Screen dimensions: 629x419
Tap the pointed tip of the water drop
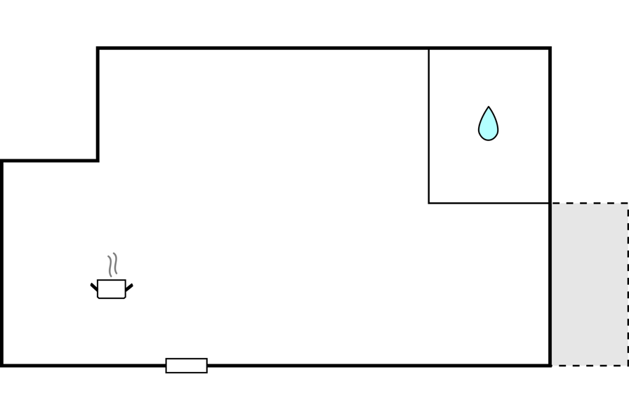488,107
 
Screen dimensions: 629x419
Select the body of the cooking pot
112,289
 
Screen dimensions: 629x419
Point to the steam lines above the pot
112,265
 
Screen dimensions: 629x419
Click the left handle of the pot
94,286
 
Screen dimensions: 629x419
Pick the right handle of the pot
129,286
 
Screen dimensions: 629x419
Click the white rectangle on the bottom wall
186,366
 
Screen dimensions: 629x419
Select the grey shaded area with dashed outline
588,284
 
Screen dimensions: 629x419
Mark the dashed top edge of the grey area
588,204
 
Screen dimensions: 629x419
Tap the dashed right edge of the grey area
628,284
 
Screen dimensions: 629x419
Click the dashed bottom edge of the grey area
588,365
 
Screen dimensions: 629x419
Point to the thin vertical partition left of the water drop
429,126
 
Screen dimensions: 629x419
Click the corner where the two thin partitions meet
429,203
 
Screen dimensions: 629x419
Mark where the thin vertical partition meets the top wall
429,48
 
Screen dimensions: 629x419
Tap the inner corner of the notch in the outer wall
98,161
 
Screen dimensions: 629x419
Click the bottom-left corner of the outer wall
2,365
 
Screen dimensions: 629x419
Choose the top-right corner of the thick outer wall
550,48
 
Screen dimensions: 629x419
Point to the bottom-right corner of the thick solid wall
550,365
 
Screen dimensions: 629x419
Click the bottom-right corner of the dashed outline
628,365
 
